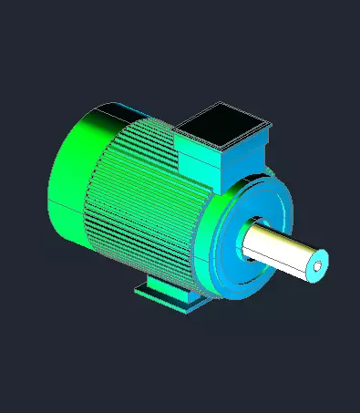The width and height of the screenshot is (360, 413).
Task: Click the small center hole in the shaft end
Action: (317, 267)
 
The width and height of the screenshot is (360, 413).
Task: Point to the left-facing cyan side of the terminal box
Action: (200, 160)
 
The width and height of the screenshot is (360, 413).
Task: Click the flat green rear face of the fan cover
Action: (68, 178)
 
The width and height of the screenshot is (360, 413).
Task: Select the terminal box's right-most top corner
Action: (273, 121)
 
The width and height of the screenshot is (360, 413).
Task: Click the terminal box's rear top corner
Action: (221, 101)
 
